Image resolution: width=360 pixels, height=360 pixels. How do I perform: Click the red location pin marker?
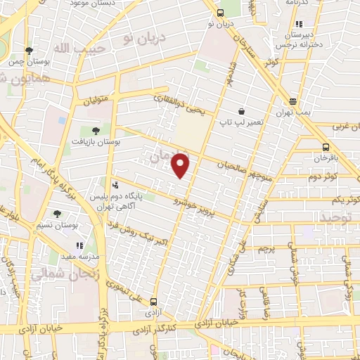click(181, 165)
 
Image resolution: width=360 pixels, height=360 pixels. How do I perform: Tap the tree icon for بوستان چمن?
click(29, 51)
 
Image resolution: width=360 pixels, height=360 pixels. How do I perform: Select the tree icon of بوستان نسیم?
click(58, 213)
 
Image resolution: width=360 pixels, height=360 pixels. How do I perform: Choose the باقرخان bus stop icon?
click(325, 147)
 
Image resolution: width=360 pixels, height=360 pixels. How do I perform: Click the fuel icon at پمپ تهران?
click(292, 101)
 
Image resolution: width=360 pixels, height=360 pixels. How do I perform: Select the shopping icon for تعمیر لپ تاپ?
click(241, 111)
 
